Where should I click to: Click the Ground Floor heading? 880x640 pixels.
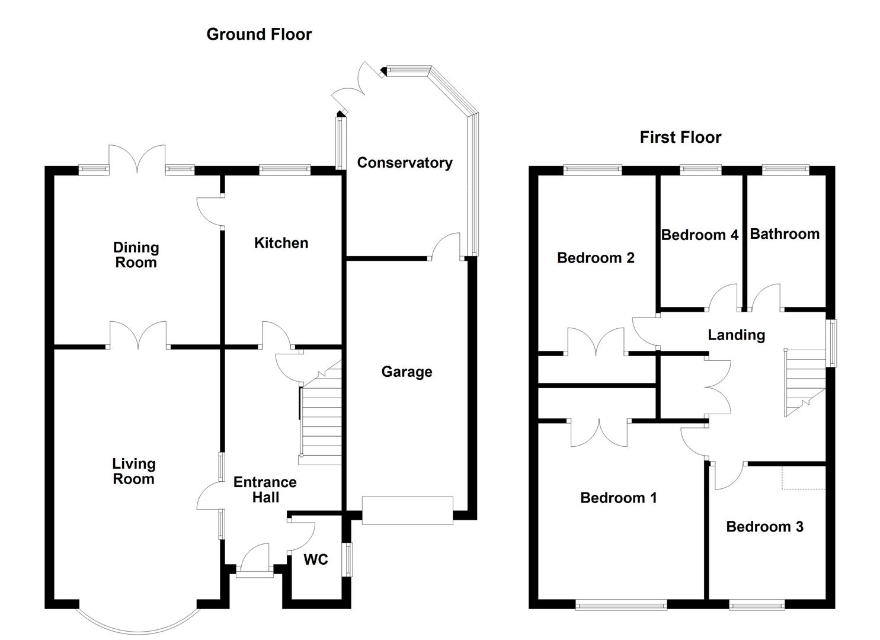[259, 34]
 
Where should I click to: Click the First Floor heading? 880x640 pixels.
[680, 137]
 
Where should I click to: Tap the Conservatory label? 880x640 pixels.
[405, 163]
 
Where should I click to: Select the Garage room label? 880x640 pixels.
[407, 372]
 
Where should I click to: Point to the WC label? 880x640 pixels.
[315, 560]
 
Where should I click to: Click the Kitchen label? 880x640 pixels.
[281, 243]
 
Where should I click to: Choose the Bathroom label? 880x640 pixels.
[785, 234]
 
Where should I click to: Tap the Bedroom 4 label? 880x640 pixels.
[699, 235]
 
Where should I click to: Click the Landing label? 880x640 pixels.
[736, 335]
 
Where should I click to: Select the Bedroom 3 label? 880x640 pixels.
[764, 527]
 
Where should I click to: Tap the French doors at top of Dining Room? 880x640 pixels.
[137, 160]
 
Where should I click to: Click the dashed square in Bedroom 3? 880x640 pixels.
[804, 478]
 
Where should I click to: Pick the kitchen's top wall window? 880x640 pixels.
[284, 170]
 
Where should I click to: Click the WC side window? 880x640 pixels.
[349, 559]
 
